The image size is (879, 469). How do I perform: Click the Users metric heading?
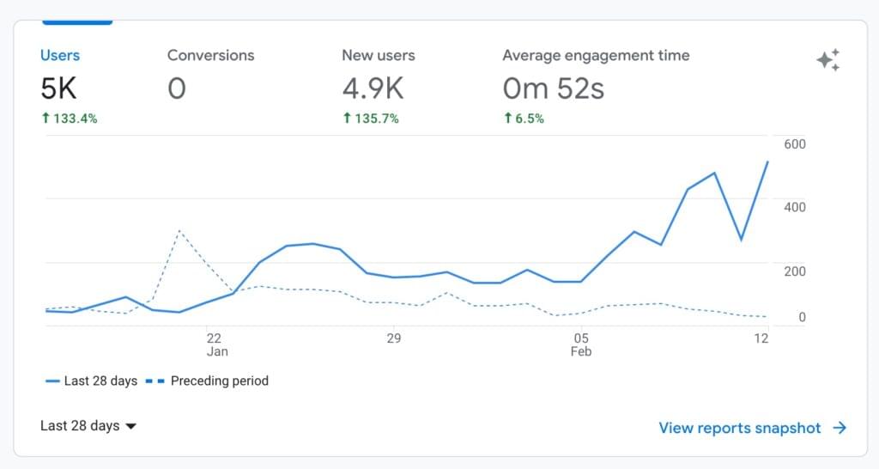[60, 55]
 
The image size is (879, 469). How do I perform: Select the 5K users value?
[59, 88]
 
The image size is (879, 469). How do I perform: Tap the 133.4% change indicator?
[69, 119]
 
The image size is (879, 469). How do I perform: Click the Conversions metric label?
[210, 55]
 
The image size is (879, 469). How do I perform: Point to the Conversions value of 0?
[177, 88]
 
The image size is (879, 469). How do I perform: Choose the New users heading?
[378, 55]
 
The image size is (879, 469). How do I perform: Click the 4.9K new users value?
[374, 88]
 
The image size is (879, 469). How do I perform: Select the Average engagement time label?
[596, 55]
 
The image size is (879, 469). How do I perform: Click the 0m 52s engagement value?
[553, 88]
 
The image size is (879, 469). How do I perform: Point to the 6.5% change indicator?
[524, 119]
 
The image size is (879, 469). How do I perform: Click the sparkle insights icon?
[827, 60]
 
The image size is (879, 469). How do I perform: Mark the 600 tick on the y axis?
[795, 143]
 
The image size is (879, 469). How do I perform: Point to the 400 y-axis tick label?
[795, 207]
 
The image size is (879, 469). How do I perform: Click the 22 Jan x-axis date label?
[215, 344]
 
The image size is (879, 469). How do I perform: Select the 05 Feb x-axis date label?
[581, 344]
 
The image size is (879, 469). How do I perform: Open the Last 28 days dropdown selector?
[88, 426]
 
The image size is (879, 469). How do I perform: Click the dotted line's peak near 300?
[179, 230]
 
